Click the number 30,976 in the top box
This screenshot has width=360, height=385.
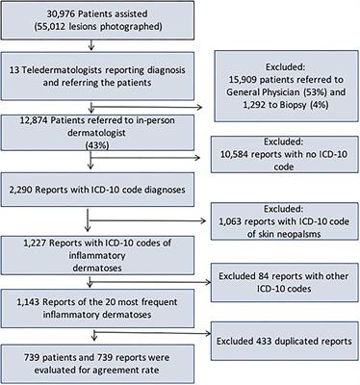[64, 16]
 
